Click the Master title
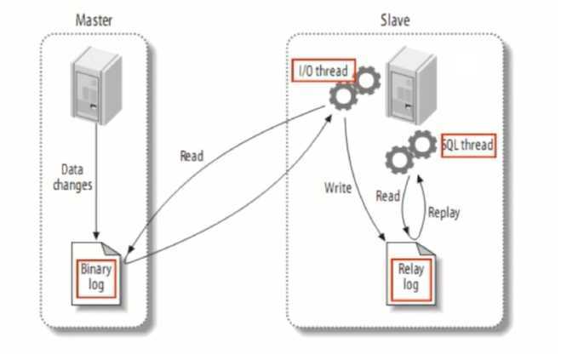[94, 20]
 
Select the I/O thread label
[322, 70]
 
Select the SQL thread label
[467, 145]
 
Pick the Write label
[338, 187]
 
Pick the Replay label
[444, 212]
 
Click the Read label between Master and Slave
[192, 156]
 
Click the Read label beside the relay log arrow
[387, 196]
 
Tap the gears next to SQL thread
[410, 150]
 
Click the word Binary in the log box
[96, 269]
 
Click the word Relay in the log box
[410, 270]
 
